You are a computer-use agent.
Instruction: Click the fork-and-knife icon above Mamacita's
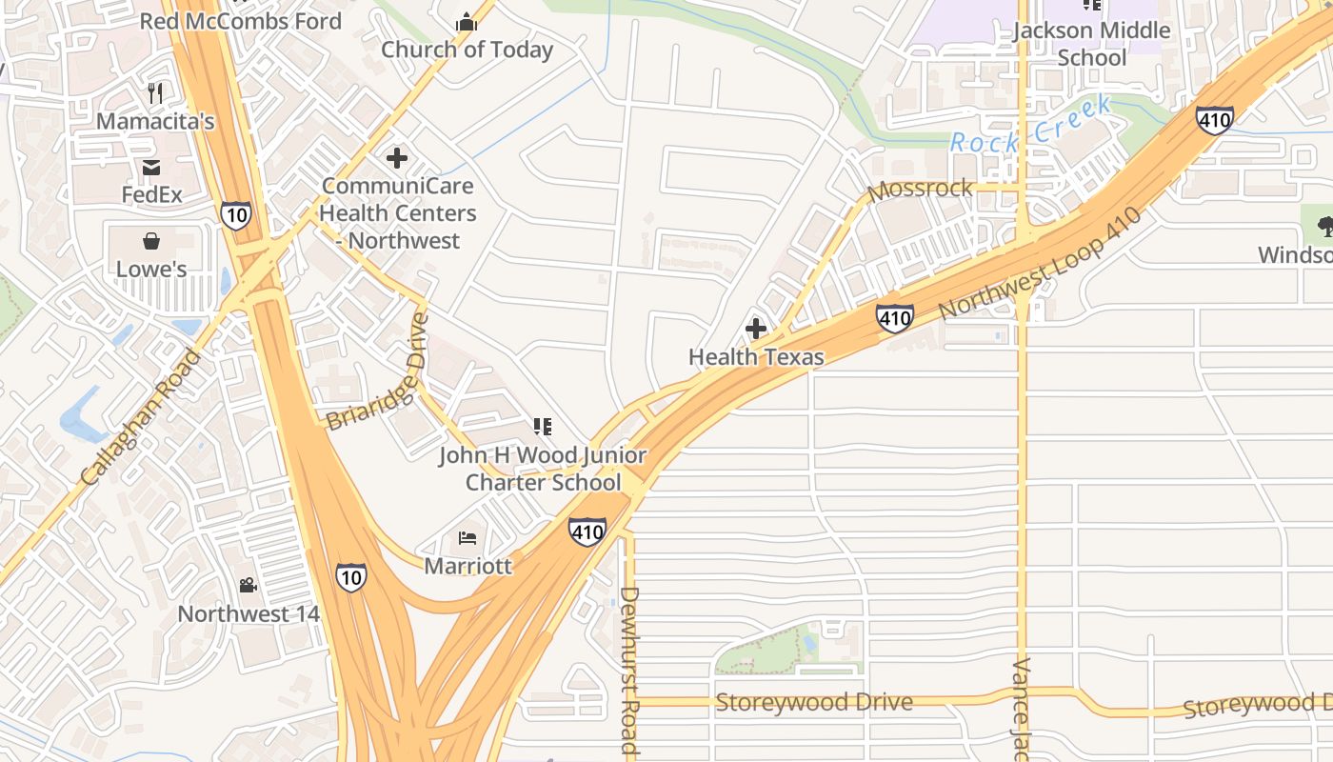pyautogui.click(x=156, y=93)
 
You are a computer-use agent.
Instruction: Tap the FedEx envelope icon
pyautogui.click(x=151, y=168)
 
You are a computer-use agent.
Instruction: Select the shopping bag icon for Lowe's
pyautogui.click(x=151, y=240)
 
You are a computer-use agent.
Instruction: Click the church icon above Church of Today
pyautogui.click(x=467, y=21)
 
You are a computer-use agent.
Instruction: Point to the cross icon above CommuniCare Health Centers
pyautogui.click(x=397, y=157)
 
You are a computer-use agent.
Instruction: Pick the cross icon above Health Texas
pyautogui.click(x=756, y=330)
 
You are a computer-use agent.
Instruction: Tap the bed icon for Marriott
pyautogui.click(x=468, y=538)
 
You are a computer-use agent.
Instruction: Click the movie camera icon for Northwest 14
pyautogui.click(x=249, y=586)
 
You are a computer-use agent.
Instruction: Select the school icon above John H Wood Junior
pyautogui.click(x=543, y=426)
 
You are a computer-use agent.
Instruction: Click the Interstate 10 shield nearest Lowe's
pyautogui.click(x=235, y=214)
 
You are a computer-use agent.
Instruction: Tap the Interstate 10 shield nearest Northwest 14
pyautogui.click(x=350, y=576)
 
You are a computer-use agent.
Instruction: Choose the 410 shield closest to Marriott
pyautogui.click(x=587, y=531)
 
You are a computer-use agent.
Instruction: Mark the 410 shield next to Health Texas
pyautogui.click(x=895, y=317)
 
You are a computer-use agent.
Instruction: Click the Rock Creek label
pyautogui.click(x=1031, y=127)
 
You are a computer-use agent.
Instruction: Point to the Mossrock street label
pyautogui.click(x=920, y=189)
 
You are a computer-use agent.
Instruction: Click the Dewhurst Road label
pyautogui.click(x=628, y=671)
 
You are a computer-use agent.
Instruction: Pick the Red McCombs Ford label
pyautogui.click(x=240, y=20)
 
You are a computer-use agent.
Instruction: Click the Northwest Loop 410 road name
pyautogui.click(x=1040, y=263)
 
